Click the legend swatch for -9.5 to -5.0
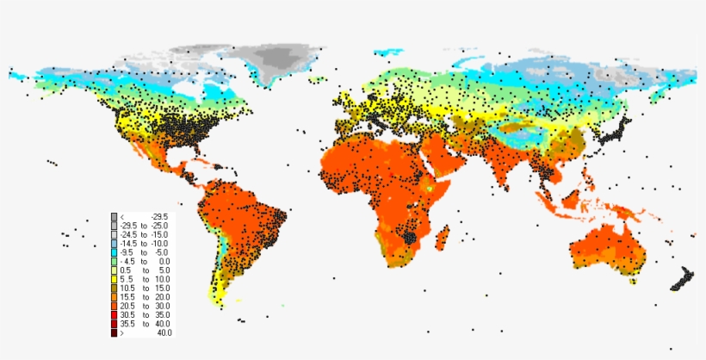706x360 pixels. [114, 251]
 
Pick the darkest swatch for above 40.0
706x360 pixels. [114, 332]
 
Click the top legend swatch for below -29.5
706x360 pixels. [114, 216]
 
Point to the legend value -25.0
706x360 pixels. [159, 225]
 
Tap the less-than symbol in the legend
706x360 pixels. [123, 216]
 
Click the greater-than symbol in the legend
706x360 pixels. [122, 332]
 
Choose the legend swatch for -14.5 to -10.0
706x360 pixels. [114, 243]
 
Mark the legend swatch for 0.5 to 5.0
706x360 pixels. [114, 270]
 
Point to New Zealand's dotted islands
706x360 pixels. [684, 281]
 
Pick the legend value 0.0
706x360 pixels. [164, 261]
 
